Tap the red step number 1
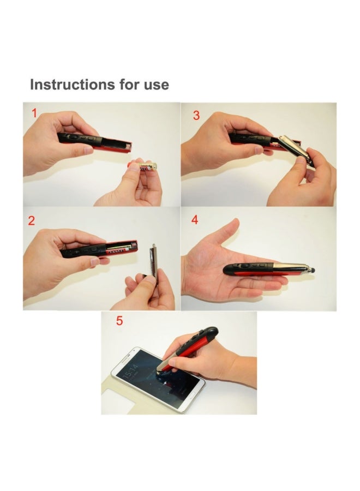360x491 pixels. tap(34, 114)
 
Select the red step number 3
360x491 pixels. tap(196, 115)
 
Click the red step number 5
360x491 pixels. tap(119, 321)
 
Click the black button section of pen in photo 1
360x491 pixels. tap(79, 138)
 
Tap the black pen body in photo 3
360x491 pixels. tap(248, 139)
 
